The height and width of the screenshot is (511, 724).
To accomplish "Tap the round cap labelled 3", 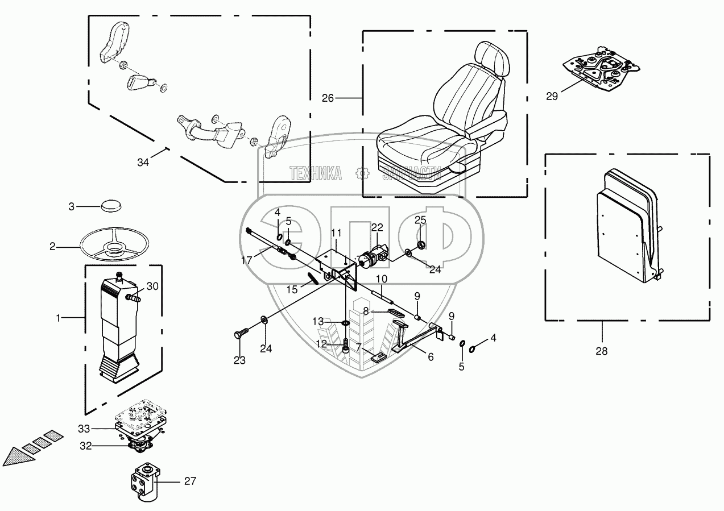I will (112, 205).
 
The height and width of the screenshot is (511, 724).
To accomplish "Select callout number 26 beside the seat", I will (328, 98).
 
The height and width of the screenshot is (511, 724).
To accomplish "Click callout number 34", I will (143, 163).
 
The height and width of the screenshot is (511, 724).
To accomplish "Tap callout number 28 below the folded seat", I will (601, 351).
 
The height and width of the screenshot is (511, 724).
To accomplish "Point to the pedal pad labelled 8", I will (392, 312).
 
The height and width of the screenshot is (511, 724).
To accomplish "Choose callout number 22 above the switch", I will (378, 227).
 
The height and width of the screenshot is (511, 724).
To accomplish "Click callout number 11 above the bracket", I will (336, 233).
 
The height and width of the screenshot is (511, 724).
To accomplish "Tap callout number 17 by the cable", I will (246, 260).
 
